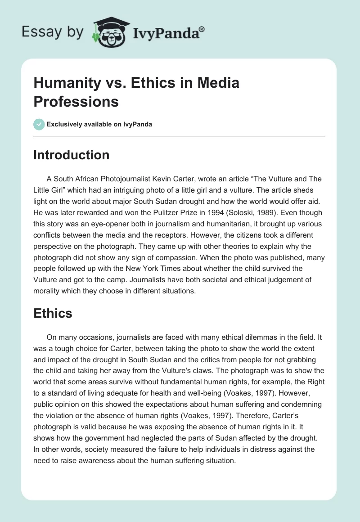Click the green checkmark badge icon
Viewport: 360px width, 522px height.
[39, 124]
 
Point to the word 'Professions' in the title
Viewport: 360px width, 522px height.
[76, 101]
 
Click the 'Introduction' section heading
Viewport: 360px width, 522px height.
[72, 155]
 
